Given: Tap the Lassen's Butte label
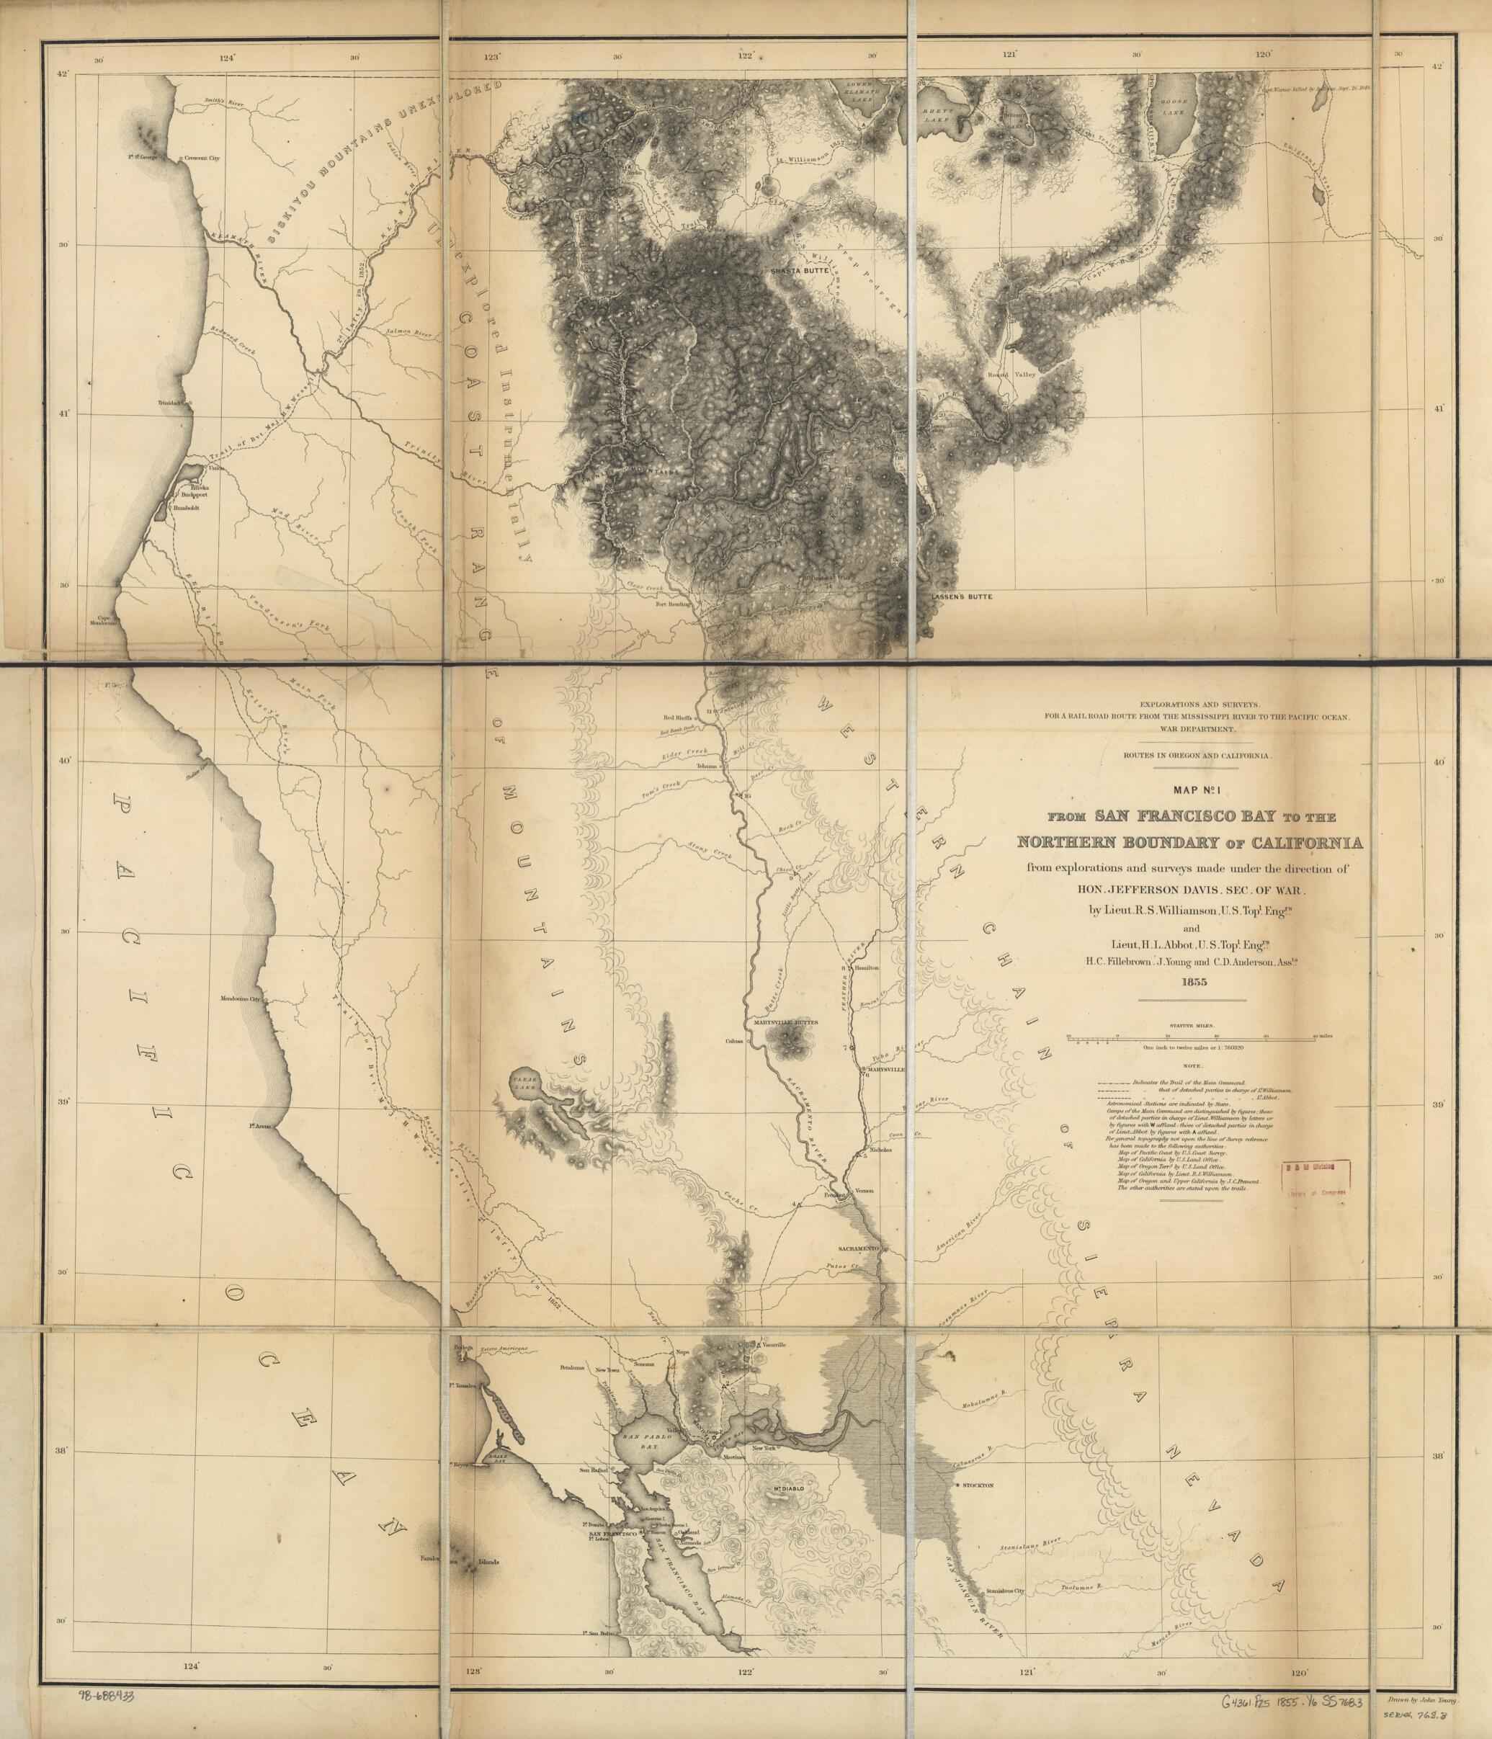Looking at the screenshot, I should coord(962,596).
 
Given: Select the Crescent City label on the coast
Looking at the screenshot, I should coord(202,158).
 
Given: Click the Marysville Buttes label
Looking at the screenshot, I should coord(785,1022).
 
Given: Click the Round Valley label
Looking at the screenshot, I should coord(1012,373).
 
